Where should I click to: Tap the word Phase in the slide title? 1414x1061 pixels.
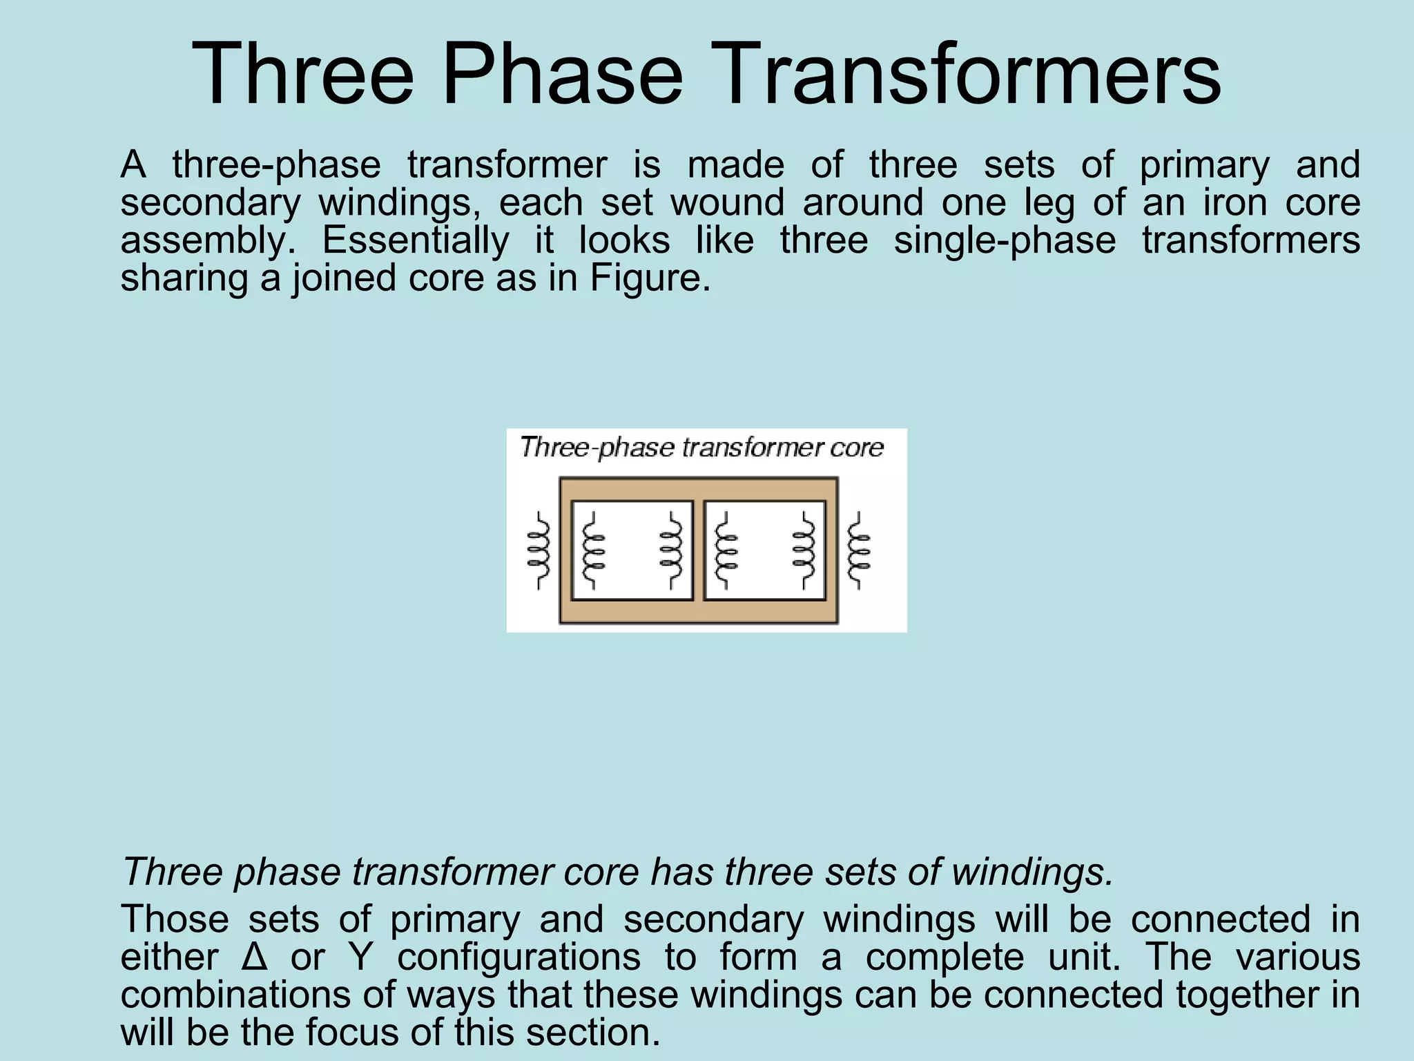[563, 75]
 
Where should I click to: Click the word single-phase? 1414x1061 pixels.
[1005, 240]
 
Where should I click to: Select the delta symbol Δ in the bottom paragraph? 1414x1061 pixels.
[255, 957]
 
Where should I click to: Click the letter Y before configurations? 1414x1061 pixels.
[360, 957]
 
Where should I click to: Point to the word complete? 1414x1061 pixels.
[945, 957]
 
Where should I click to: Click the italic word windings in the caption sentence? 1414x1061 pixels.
[1032, 872]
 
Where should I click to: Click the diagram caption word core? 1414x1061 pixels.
[857, 448]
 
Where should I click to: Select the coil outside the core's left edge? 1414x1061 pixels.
[539, 550]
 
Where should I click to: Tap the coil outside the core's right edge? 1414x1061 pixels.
[858, 550]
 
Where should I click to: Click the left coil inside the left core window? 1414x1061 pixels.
[593, 550]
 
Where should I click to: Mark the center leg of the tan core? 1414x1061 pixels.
[699, 550]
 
